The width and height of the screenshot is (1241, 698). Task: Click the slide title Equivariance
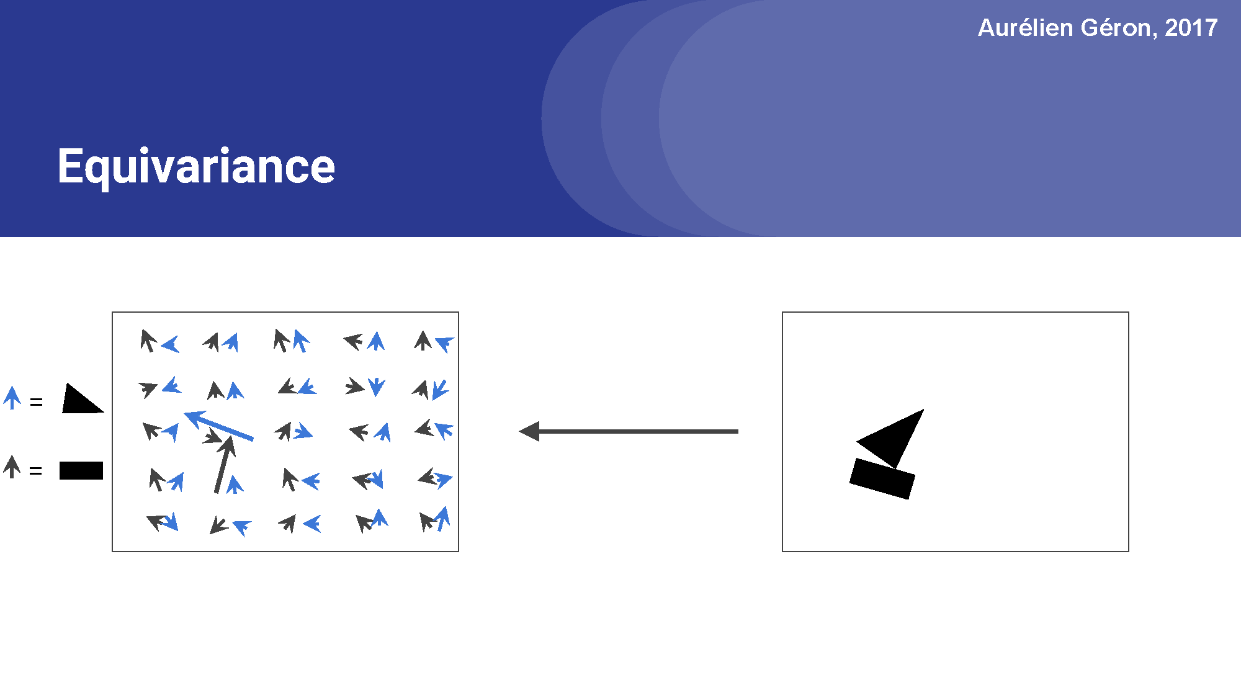(x=196, y=166)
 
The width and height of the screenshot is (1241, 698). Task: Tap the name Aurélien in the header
(x=1025, y=28)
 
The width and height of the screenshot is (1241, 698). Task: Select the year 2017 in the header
(x=1191, y=28)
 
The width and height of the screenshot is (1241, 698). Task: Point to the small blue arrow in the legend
(x=12, y=398)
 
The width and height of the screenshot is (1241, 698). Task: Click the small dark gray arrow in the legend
(x=12, y=466)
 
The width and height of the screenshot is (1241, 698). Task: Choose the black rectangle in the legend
(x=81, y=470)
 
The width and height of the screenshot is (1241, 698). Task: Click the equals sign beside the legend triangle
(x=37, y=403)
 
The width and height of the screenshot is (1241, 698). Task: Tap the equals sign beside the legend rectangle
(x=36, y=472)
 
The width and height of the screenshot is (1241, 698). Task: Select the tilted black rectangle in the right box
(x=882, y=478)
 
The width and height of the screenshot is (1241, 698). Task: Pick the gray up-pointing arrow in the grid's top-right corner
(x=423, y=341)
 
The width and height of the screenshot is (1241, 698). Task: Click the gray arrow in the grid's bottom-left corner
(x=157, y=522)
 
